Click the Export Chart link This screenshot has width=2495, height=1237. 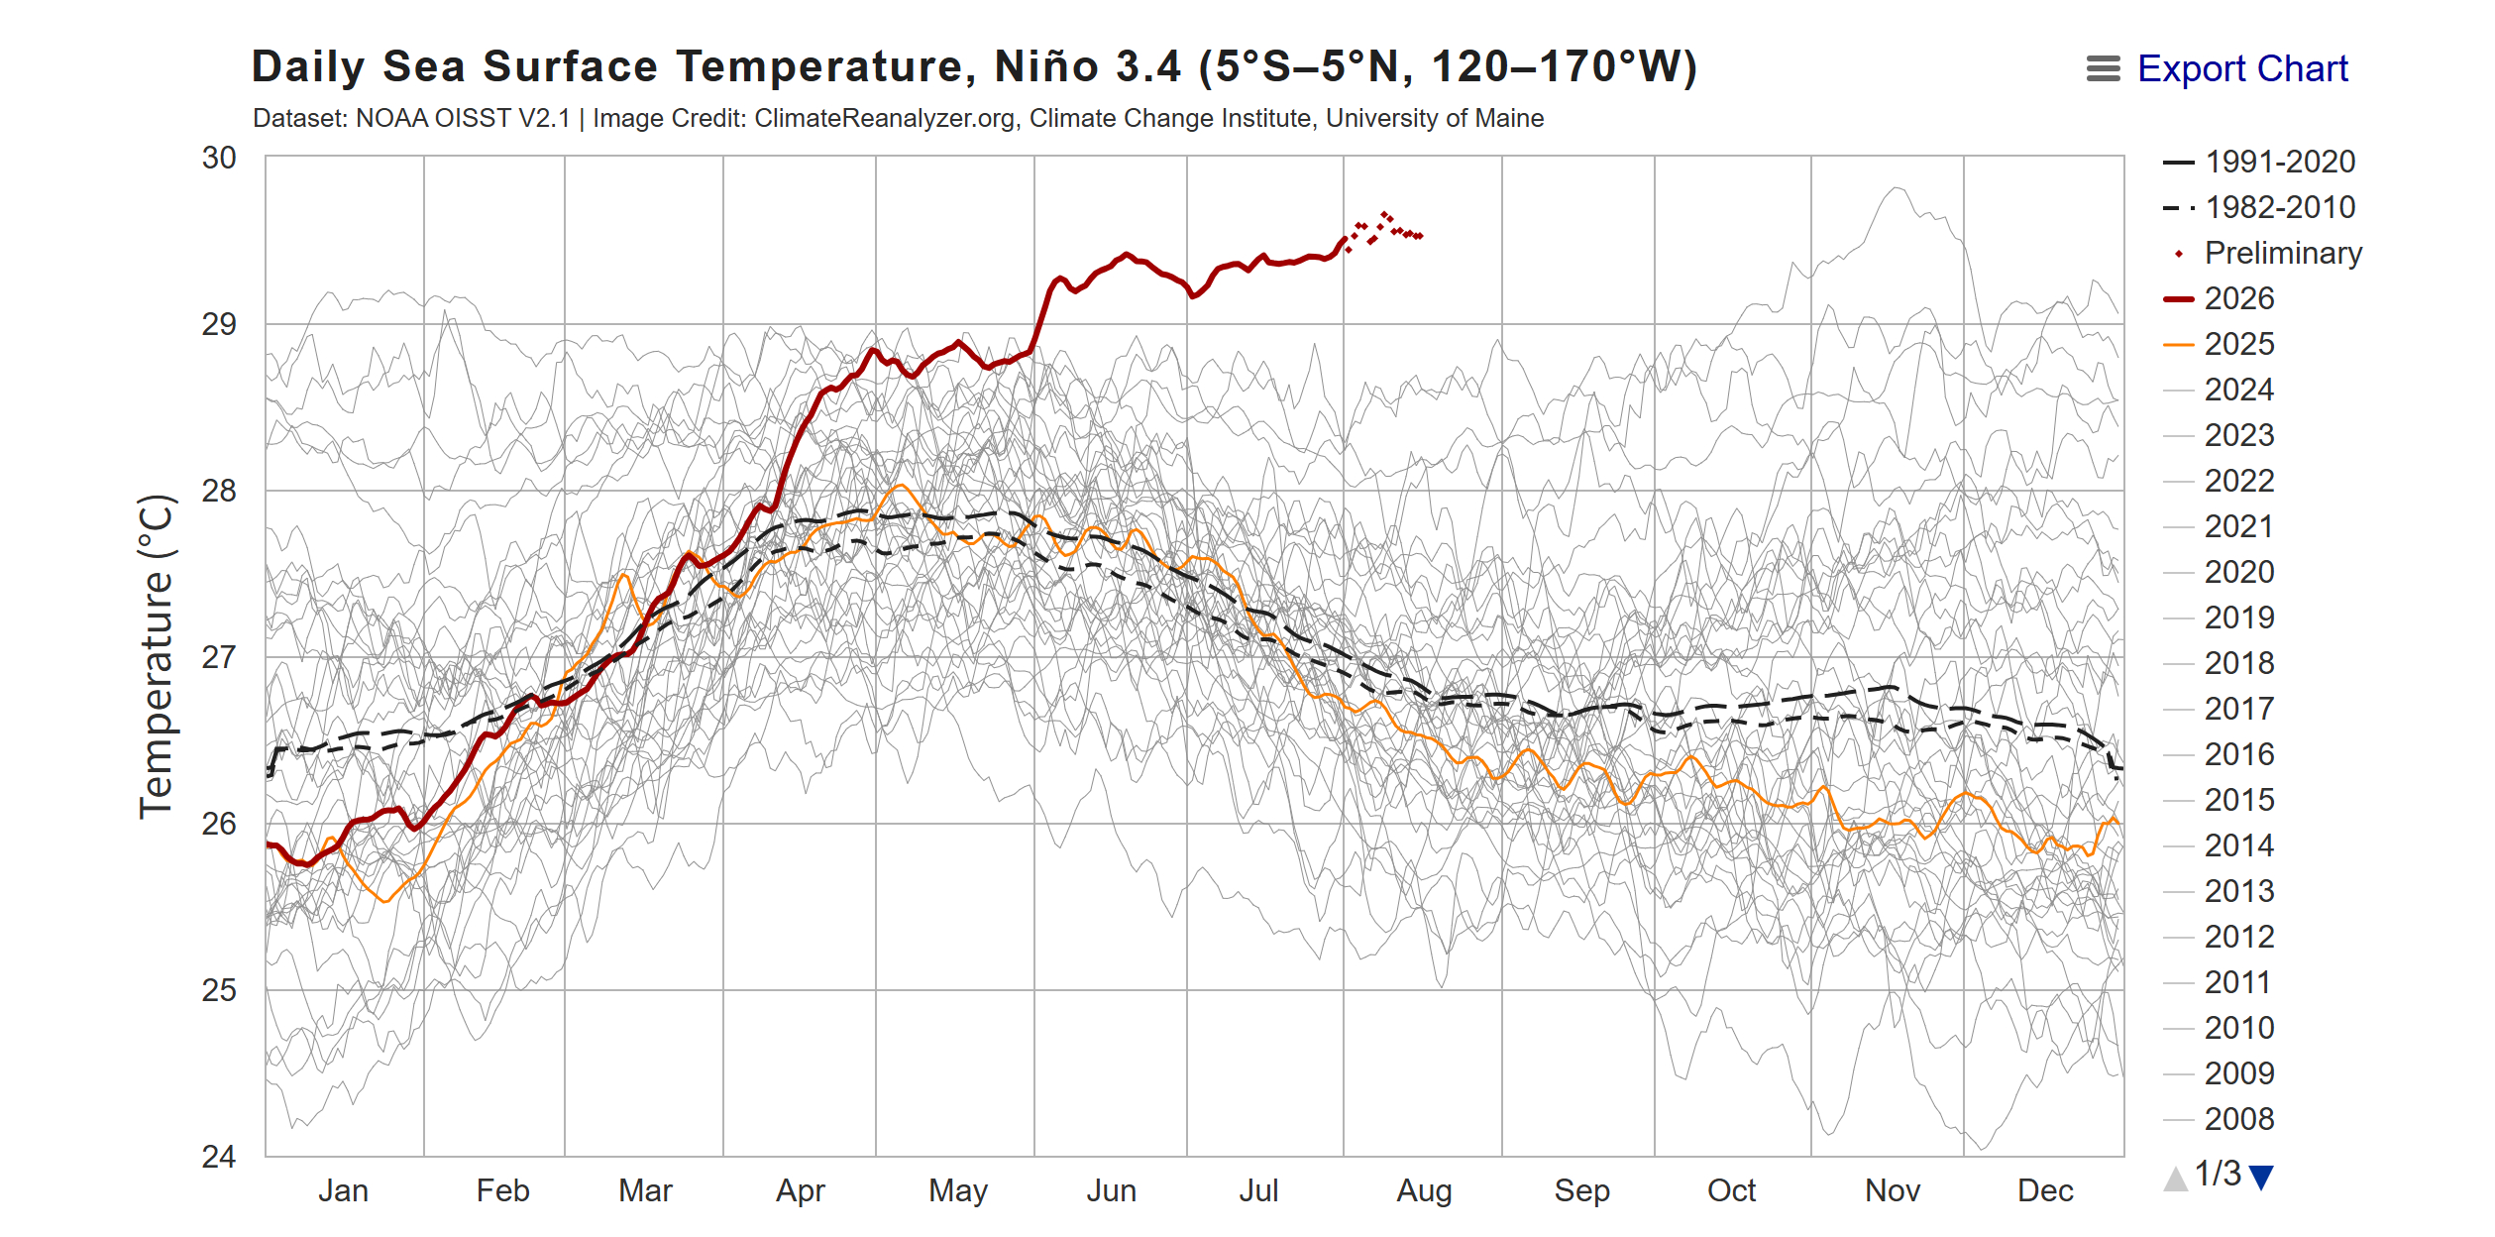(x=2242, y=68)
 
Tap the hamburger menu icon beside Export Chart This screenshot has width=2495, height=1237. (x=2103, y=68)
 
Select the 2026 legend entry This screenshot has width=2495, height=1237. (x=2220, y=298)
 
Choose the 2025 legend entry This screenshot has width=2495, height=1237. (x=2220, y=344)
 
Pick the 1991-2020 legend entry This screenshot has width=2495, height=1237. (x=2259, y=162)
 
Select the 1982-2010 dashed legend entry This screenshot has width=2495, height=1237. (x=2259, y=207)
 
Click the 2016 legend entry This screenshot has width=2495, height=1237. (x=2220, y=754)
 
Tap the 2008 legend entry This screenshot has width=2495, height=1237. (x=2220, y=1119)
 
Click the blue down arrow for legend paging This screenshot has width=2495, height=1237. (x=2261, y=1178)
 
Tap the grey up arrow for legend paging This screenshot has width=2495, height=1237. (x=2176, y=1178)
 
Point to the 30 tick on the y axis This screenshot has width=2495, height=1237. (x=219, y=158)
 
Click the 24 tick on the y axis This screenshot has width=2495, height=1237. (x=219, y=1157)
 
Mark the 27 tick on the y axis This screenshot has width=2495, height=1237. (x=219, y=657)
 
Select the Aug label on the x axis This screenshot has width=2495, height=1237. (x=1424, y=1190)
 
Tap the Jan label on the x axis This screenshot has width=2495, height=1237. (x=343, y=1190)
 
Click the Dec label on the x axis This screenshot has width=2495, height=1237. (x=2045, y=1190)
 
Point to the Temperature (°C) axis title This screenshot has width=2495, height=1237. (x=157, y=656)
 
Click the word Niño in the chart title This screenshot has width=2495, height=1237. (x=1046, y=66)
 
